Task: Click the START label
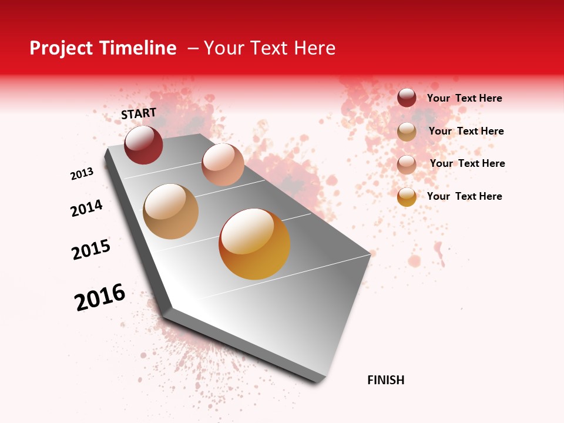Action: [x=139, y=113]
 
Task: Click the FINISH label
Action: [x=386, y=380]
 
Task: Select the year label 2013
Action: [x=82, y=173]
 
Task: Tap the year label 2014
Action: [x=86, y=208]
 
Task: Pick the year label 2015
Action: [x=91, y=249]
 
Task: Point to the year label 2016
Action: [x=100, y=297]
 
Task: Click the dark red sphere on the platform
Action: [x=143, y=145]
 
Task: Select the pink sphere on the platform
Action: [x=223, y=164]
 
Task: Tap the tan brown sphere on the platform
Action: [x=170, y=211]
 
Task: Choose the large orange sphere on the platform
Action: [x=254, y=243]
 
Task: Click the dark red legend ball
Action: [x=407, y=98]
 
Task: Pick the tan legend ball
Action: [x=407, y=132]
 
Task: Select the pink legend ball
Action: [x=407, y=164]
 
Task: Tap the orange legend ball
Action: [x=407, y=197]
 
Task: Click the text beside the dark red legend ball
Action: [x=464, y=98]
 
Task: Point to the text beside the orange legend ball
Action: [x=464, y=196]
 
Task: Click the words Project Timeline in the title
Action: [x=103, y=48]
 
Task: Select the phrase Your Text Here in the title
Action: [x=270, y=48]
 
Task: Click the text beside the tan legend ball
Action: [x=466, y=131]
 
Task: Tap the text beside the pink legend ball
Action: [x=467, y=163]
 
